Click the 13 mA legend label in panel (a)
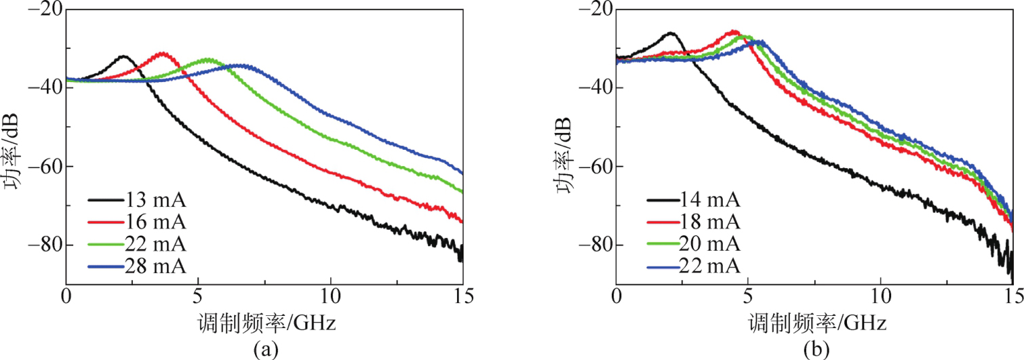click(x=155, y=201)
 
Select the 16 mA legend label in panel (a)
click(x=155, y=221)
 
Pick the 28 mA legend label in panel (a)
click(x=155, y=263)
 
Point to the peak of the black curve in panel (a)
click(x=123, y=56)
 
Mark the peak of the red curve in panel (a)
click(x=161, y=53)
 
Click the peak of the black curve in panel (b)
click(x=671, y=33)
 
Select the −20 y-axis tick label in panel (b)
click(x=595, y=9)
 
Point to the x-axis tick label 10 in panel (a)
click(x=330, y=298)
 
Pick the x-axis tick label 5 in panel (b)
click(x=748, y=298)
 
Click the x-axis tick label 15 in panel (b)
click(x=1012, y=298)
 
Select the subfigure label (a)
click(x=264, y=348)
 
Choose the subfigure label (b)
click(x=814, y=348)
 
